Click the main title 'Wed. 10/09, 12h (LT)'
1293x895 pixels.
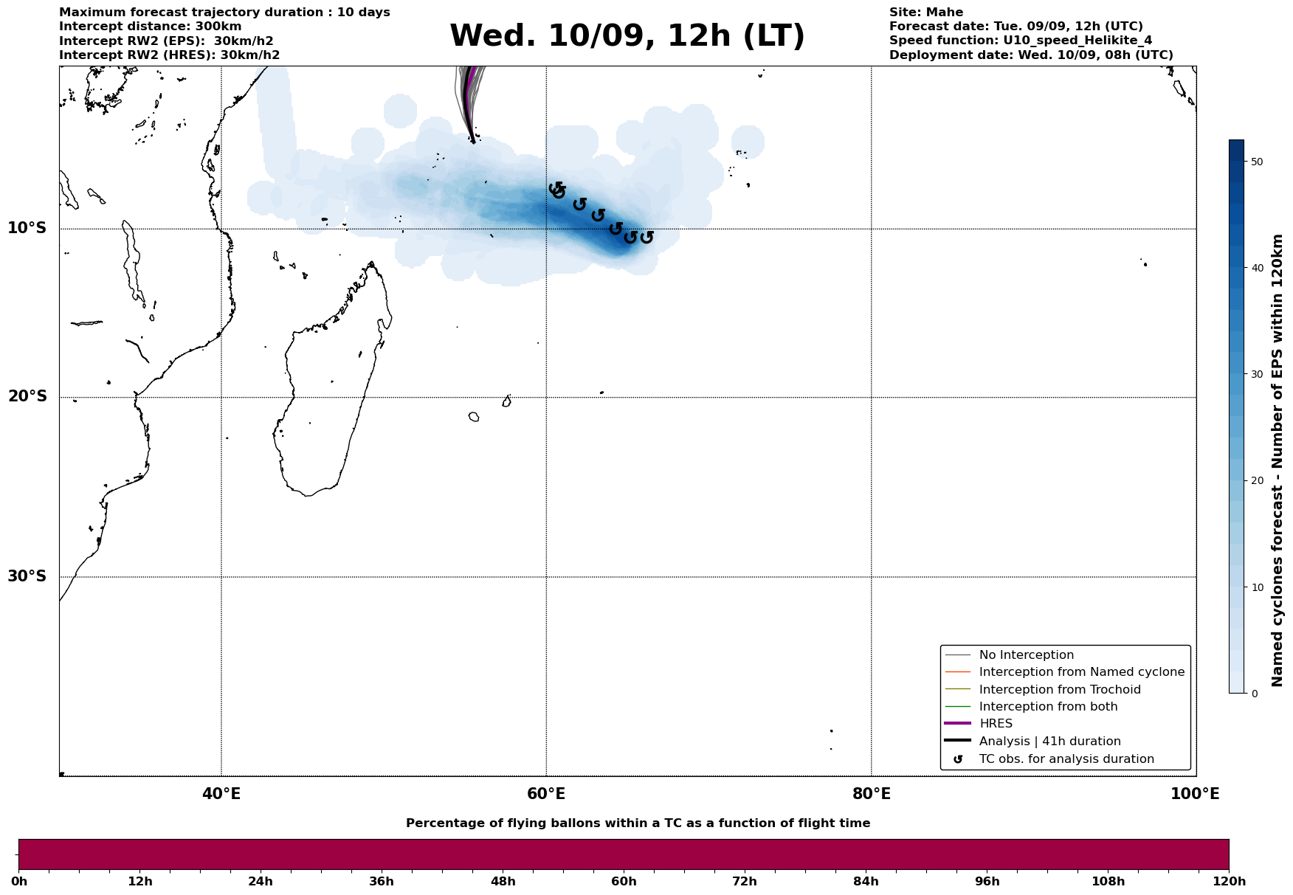pos(627,36)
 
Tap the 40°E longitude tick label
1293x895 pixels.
pos(221,795)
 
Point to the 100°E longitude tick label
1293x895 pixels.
pos(1195,795)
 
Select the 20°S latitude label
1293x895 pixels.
pos(27,397)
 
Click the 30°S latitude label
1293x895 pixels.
pos(27,576)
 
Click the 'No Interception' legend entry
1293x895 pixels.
pos(1026,655)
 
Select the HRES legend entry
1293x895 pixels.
pos(996,724)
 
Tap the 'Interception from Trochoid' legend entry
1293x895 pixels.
pos(1059,690)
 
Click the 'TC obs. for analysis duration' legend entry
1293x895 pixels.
pos(1066,759)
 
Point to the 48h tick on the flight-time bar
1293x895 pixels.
pos(503,881)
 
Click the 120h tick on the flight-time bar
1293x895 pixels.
pos(1228,881)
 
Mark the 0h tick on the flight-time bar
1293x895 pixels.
pos(20,881)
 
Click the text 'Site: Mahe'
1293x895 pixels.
pos(925,13)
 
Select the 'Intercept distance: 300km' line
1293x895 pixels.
pos(150,27)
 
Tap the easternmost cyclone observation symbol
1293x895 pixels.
pos(646,237)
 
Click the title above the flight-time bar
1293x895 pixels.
pos(638,823)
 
